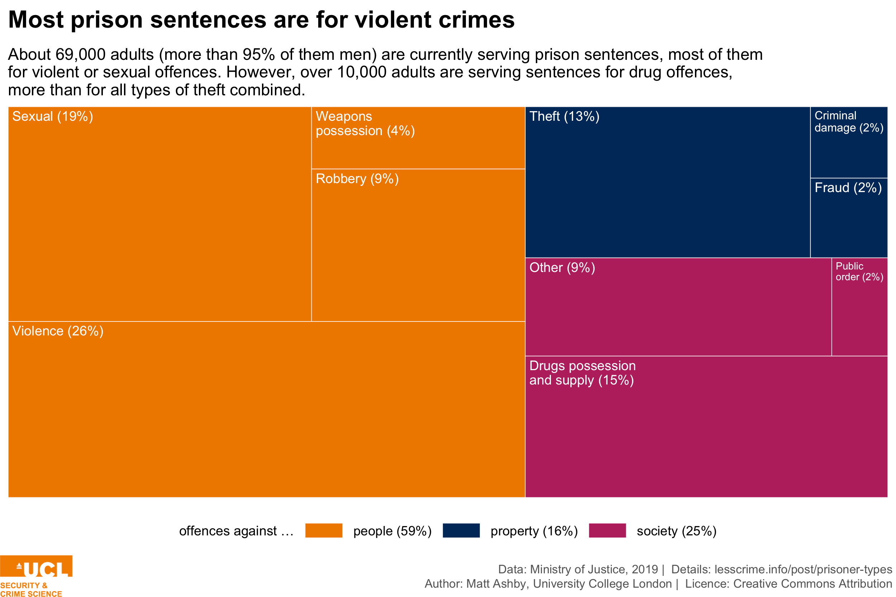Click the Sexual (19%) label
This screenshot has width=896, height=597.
pos(53,116)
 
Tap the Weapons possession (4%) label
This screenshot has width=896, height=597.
pos(364,123)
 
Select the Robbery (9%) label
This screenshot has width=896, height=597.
pos(357,178)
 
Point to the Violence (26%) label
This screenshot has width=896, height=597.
pos(57,331)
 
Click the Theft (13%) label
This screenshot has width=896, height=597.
pos(564,116)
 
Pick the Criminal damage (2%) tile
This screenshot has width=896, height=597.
pos(848,142)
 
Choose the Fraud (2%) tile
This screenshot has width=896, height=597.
pos(848,218)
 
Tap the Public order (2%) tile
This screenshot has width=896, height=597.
pos(859,307)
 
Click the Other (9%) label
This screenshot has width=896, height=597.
pos(562,267)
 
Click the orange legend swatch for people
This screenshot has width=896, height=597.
pos(324,530)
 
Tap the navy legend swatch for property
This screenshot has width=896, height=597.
pos(461,530)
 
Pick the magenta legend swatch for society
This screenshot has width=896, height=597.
pos(607,530)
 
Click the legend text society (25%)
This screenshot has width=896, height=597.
pos(676,531)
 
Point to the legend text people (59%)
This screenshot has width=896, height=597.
pos(392,531)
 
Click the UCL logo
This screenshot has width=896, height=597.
pos(36,575)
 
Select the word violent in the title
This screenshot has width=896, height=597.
pos(392,20)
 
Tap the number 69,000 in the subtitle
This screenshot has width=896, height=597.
pos(80,54)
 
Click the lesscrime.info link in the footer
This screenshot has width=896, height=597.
pos(803,569)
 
